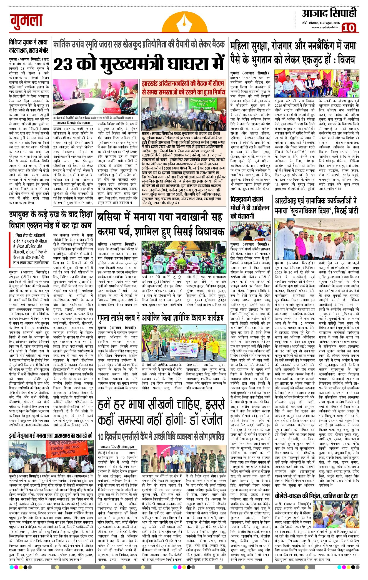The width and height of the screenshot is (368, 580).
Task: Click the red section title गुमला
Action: [x=27, y=20]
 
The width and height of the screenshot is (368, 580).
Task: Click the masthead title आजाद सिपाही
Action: [x=329, y=13]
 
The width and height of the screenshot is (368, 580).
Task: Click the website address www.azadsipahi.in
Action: [x=325, y=27]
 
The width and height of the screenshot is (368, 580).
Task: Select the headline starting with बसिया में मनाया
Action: [x=160, y=224]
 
